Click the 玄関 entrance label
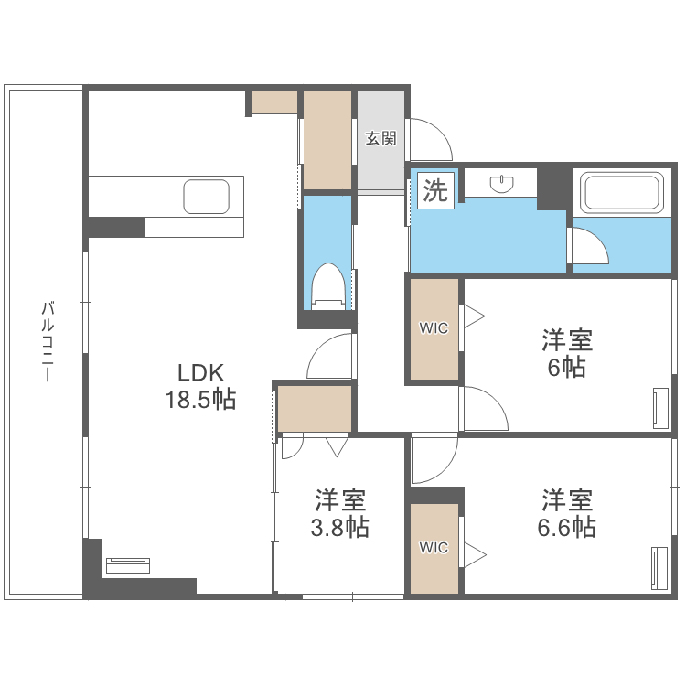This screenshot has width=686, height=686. pos(381,139)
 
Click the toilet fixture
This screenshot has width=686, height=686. pos(328,284)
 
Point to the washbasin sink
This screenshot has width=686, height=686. pos(502,184)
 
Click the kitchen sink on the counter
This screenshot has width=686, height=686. pos(207,196)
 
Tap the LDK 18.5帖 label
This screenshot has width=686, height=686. pos(200,386)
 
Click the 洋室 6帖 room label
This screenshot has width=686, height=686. pos(567,354)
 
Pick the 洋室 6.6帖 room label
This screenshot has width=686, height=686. pos(567,514)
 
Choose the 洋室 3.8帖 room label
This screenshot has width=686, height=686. pos(341,514)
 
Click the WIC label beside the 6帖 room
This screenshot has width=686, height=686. pos(434,328)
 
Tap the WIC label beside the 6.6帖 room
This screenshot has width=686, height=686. pos(434,548)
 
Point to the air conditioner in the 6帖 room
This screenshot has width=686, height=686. pos(660,408)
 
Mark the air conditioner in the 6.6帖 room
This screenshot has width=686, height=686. pos(659,568)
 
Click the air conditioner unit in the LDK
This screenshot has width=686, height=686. pos(127,564)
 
